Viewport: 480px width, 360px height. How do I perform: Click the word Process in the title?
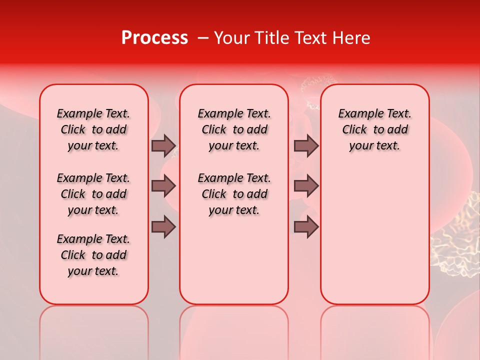(x=154, y=38)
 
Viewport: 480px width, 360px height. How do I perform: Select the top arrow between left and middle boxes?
(x=163, y=145)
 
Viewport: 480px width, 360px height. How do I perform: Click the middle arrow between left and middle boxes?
(x=163, y=186)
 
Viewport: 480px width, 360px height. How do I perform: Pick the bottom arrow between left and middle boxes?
(x=163, y=227)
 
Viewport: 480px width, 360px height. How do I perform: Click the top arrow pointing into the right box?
(x=306, y=145)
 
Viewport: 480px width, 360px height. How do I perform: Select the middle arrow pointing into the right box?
(x=306, y=186)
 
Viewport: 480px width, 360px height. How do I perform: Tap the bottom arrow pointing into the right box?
(x=306, y=227)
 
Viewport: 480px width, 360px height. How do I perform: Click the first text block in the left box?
(x=93, y=129)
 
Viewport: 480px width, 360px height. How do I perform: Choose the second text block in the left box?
(x=93, y=194)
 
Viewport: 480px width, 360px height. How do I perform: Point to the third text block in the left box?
(x=93, y=255)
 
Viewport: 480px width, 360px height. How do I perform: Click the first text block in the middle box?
(x=234, y=129)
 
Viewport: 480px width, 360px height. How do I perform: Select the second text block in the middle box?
(x=234, y=194)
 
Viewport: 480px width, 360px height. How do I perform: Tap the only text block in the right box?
(x=374, y=129)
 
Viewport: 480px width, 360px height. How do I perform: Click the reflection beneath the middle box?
(x=234, y=330)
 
